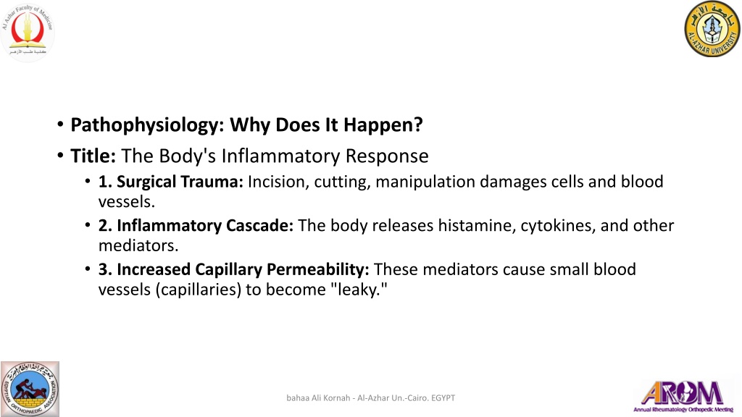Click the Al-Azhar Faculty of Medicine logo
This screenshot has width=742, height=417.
(x=28, y=32)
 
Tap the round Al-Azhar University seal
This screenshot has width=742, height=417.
(x=712, y=29)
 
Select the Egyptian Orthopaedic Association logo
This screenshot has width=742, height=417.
(x=30, y=389)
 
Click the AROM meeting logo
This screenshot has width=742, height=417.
(x=684, y=396)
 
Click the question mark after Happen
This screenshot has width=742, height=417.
(x=418, y=125)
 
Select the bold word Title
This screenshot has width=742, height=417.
(x=93, y=156)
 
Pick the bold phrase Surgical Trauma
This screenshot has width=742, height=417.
(x=170, y=182)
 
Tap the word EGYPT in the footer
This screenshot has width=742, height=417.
(x=443, y=398)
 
